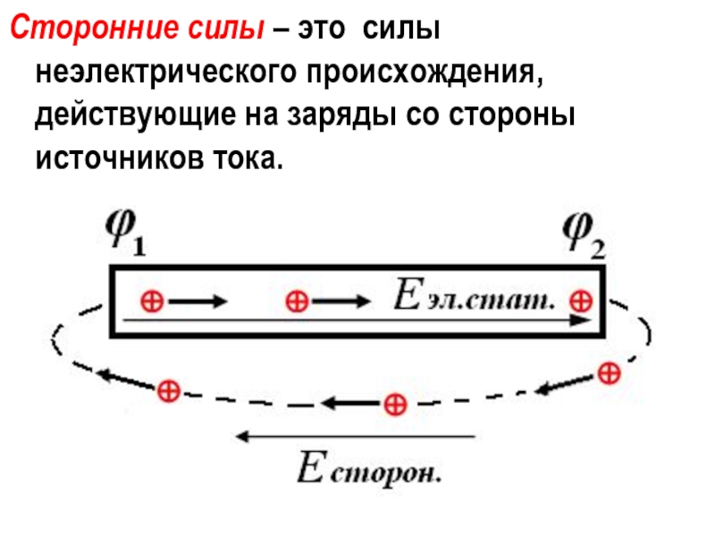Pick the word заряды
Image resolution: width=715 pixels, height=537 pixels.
click(356, 117)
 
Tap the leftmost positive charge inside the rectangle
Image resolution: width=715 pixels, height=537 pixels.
click(152, 302)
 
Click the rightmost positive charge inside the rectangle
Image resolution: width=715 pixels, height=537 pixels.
click(583, 300)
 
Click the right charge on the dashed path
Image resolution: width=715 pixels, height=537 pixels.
click(607, 371)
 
